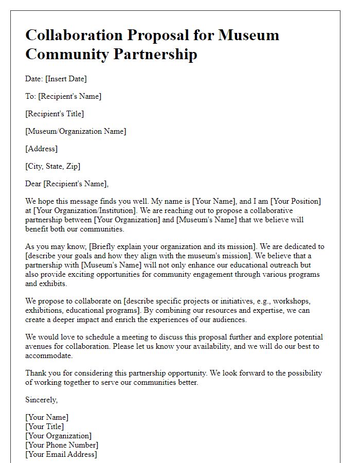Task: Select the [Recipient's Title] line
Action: click(x=55, y=114)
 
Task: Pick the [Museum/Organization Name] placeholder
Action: click(x=76, y=131)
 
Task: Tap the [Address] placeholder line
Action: click(x=41, y=149)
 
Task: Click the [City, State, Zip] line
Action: click(x=52, y=166)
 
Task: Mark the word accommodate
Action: click(x=49, y=355)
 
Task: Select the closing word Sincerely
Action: click(x=42, y=399)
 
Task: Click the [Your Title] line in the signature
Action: click(x=45, y=426)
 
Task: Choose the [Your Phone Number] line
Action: click(x=62, y=445)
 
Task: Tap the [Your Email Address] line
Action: click(x=61, y=454)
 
